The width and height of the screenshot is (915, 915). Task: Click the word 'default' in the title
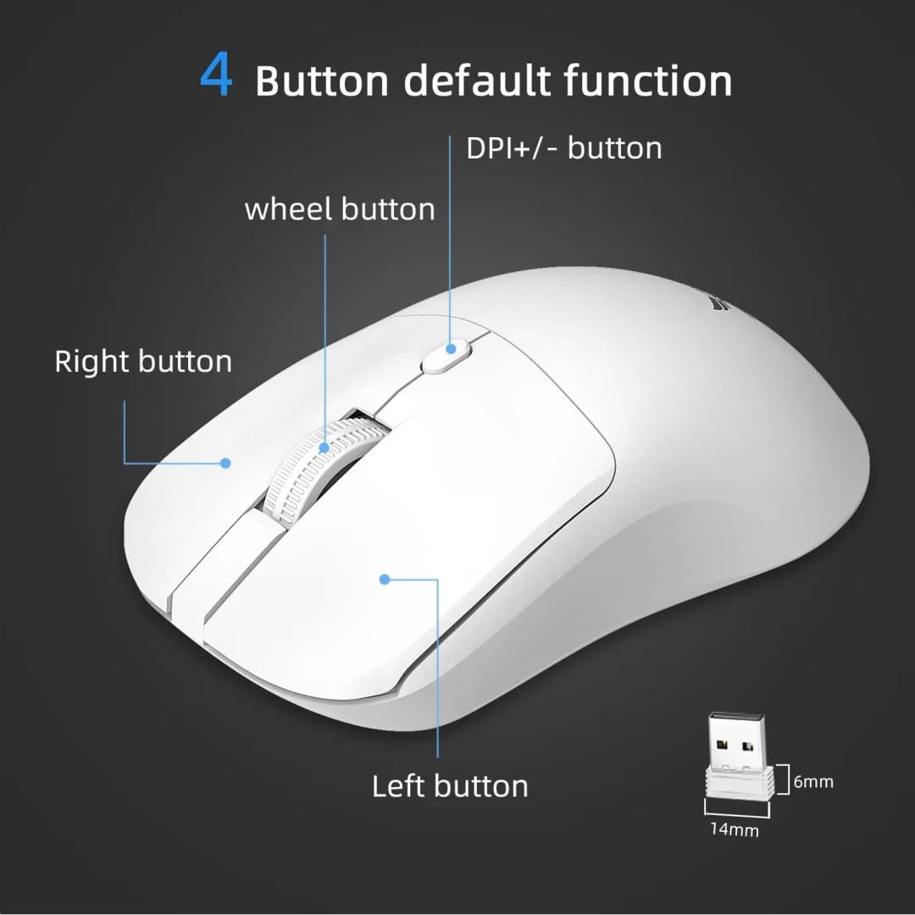pos(479,81)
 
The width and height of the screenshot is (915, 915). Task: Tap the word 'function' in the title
pos(648,81)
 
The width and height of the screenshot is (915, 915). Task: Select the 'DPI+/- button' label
pos(563,148)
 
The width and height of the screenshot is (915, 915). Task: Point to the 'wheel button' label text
pos(340,209)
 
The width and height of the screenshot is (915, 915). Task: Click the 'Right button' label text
pos(143,362)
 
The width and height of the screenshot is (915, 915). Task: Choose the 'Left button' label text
pos(450,786)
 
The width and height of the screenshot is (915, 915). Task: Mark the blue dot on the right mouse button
pos(226,463)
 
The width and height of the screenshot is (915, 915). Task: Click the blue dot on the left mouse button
pos(385,579)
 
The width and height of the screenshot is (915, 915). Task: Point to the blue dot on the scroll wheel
pos(324,446)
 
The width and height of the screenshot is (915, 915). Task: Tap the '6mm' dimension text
pos(814,781)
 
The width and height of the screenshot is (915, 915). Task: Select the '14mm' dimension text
pos(735,830)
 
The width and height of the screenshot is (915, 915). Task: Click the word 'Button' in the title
pos(322,81)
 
